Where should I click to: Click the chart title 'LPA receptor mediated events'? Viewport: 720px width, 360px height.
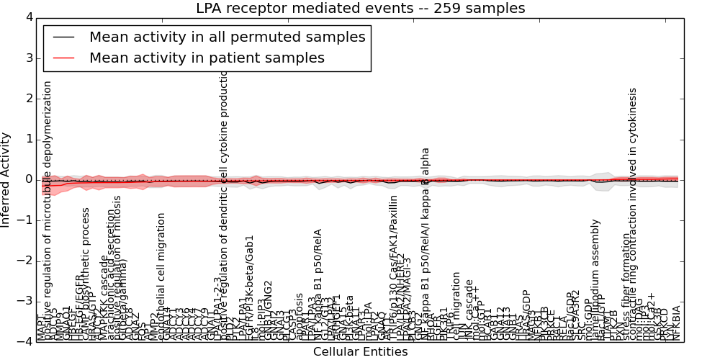360,9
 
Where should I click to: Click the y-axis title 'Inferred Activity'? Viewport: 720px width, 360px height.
6,179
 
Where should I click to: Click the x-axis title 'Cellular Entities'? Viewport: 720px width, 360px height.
360,352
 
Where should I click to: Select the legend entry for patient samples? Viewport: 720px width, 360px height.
207,58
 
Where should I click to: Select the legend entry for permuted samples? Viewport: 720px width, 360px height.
227,37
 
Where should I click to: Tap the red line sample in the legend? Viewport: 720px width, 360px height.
65,58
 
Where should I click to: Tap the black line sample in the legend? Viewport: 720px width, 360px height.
65,37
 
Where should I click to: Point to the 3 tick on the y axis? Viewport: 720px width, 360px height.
28,58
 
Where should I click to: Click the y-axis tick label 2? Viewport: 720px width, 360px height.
28,99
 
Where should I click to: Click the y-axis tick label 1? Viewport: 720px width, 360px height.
28,139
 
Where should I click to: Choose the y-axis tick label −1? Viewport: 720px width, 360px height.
25,220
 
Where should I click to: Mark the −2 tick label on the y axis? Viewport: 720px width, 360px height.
25,261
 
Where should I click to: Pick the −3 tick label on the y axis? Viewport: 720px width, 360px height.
25,301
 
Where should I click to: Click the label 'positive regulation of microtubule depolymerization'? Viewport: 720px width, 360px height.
48,209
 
